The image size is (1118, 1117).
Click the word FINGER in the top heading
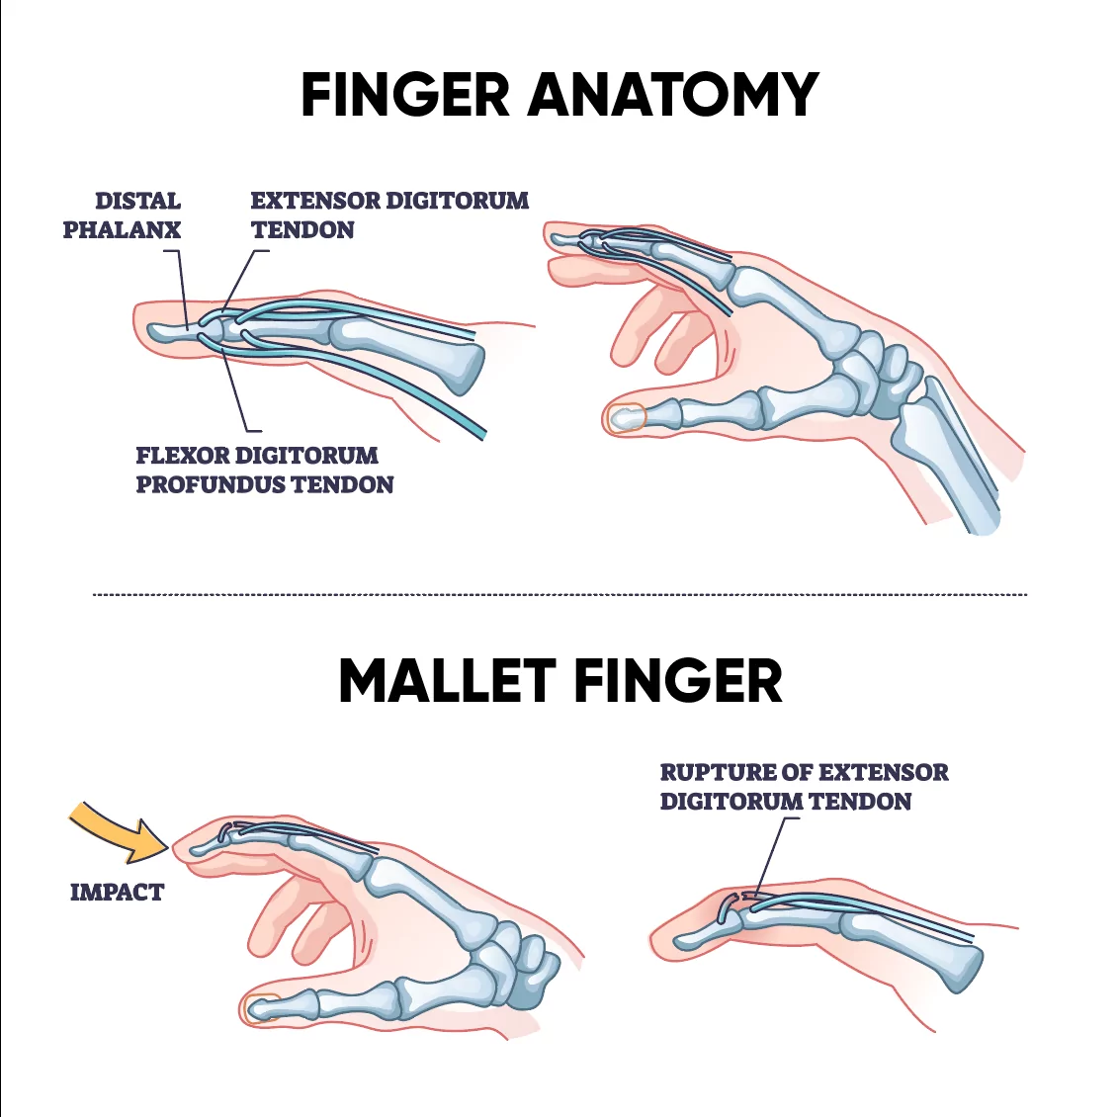(x=404, y=95)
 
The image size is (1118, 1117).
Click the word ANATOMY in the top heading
(x=673, y=95)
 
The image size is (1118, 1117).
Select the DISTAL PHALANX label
(x=123, y=215)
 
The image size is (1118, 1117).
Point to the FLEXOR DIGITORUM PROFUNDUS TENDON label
(x=264, y=471)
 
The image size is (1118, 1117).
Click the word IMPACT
(x=117, y=893)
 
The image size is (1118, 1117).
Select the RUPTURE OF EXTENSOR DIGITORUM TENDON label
(x=804, y=787)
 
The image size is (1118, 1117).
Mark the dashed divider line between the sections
(x=559, y=594)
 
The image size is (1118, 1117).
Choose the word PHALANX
(x=123, y=230)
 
